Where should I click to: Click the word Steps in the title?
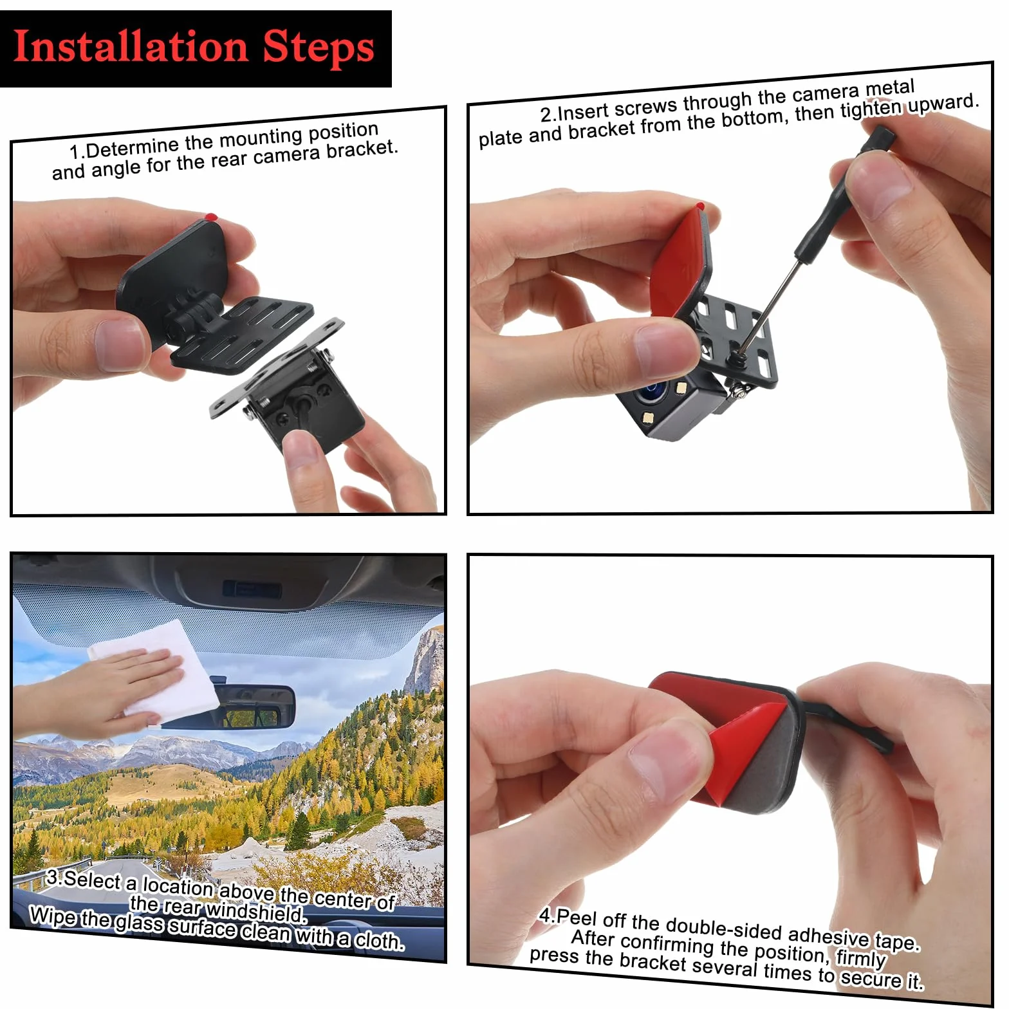coord(319,48)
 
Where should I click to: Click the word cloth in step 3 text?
coord(380,941)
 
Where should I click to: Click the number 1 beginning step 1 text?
coord(75,153)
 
